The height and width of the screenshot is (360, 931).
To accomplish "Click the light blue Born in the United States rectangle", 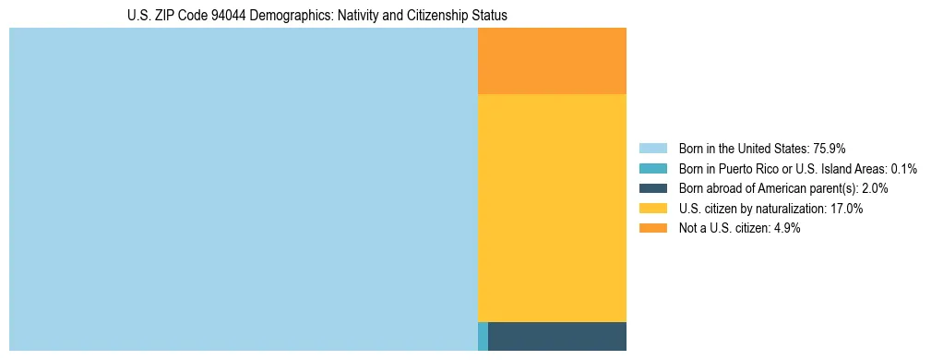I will click(243, 189).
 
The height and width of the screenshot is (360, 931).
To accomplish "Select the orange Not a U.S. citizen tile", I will click(552, 61).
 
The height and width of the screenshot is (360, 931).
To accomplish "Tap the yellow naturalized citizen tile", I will click(552, 208).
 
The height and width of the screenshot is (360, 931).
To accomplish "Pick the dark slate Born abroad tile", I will click(556, 336).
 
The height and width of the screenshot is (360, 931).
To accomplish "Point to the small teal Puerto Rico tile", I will click(483, 336).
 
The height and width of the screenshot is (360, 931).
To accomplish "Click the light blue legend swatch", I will click(652, 148).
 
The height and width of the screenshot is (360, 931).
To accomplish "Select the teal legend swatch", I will click(652, 168).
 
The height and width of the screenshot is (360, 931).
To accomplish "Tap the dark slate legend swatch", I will click(652, 188).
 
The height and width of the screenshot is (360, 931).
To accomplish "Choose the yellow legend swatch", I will click(652, 209).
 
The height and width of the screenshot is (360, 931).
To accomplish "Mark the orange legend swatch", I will click(652, 228).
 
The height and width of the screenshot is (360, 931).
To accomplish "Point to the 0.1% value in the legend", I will click(903, 168).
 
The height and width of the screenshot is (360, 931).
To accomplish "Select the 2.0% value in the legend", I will click(877, 188).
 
